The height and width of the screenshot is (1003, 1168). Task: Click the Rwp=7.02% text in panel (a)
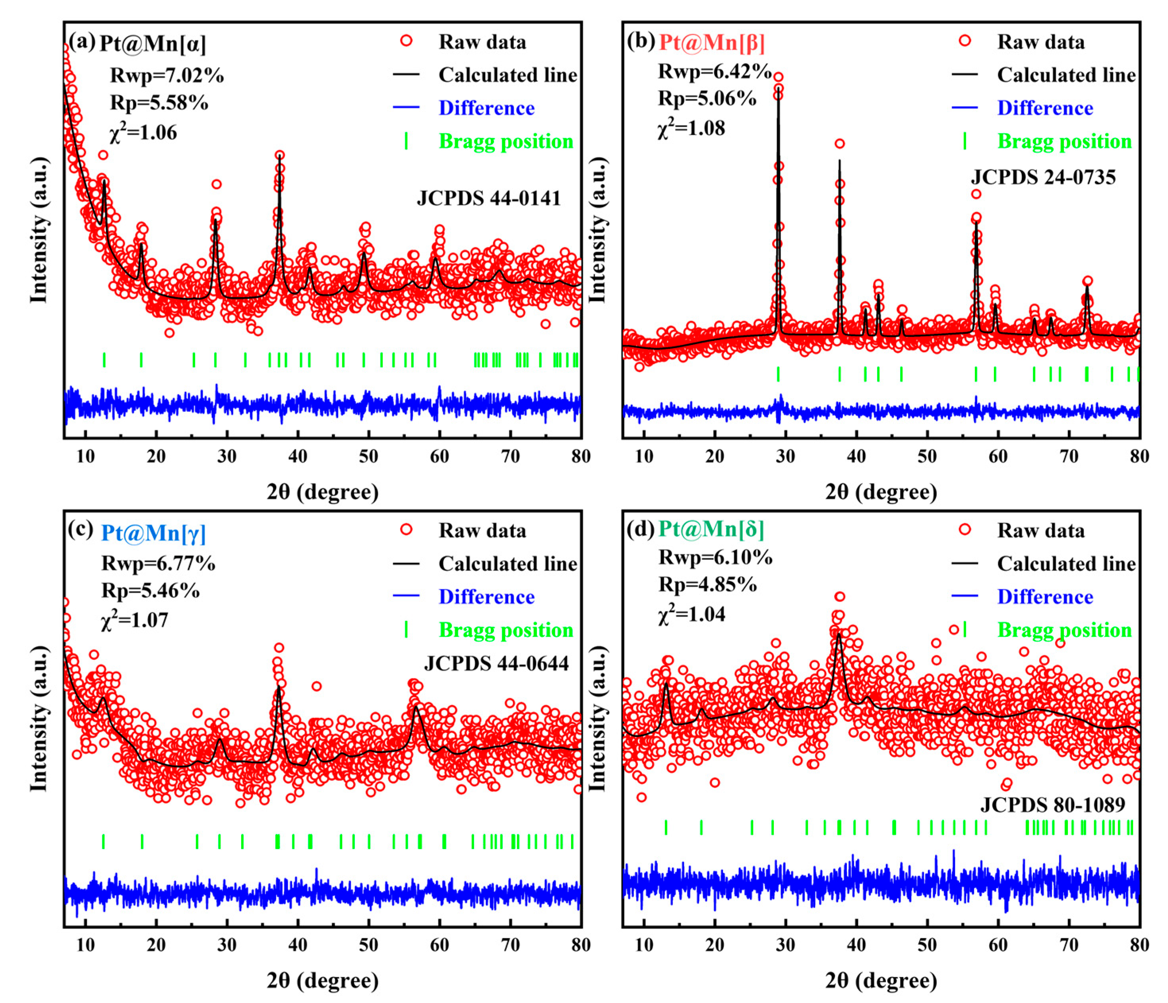tap(167, 75)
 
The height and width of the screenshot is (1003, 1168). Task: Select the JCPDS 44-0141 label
tap(489, 198)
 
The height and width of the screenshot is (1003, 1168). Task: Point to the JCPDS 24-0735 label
tap(1043, 178)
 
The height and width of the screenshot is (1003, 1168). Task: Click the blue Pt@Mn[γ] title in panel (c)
tap(153, 533)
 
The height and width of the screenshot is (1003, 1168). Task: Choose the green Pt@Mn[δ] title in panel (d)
tap(711, 529)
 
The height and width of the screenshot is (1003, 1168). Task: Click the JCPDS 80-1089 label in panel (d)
tap(1052, 805)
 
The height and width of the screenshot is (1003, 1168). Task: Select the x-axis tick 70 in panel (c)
tap(510, 945)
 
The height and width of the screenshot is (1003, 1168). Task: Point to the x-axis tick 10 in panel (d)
tap(644, 945)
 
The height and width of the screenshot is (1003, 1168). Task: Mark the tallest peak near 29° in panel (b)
tap(779, 90)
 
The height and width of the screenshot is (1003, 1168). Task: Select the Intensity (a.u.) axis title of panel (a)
tap(39, 230)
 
